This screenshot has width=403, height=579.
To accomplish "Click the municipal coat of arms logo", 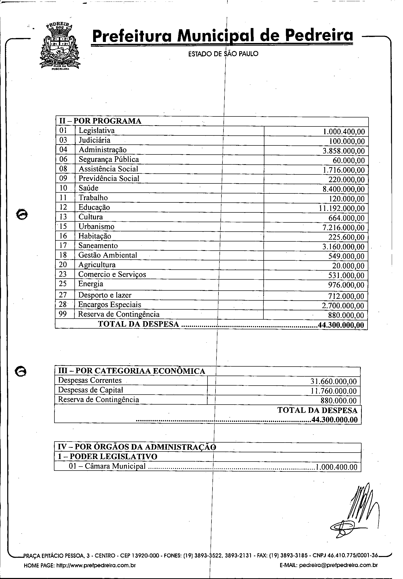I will tap(60, 46).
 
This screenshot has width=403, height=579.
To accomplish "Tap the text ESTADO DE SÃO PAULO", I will tap(223, 54).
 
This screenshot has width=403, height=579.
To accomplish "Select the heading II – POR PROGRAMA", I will tap(100, 121).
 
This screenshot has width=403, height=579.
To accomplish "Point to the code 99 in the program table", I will tap(63, 314).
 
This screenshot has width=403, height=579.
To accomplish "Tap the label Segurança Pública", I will tap(109, 159).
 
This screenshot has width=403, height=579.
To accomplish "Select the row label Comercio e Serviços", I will tap(112, 274).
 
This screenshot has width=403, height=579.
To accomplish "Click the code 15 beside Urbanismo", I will tap(63, 226).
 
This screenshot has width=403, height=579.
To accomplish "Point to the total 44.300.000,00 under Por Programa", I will tap(341, 325).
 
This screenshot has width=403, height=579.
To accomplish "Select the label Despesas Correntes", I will tap(90, 380).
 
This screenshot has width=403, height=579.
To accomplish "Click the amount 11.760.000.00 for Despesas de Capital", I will tap(334, 391).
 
